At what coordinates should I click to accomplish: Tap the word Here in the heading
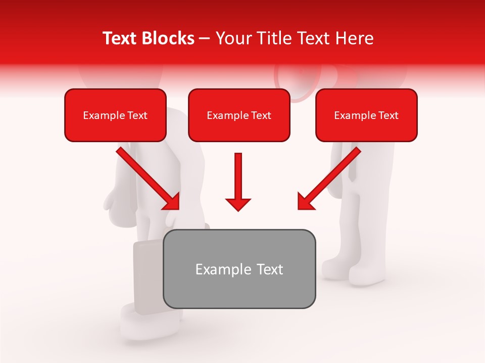pos(353,38)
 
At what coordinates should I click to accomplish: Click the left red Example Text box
pos(115,115)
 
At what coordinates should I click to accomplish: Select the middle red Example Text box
pos(239,115)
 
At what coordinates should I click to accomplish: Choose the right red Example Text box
pos(366,115)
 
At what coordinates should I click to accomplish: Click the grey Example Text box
pos(239,269)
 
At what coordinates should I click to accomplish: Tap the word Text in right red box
pos(388,115)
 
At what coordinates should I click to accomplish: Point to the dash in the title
pos(205,39)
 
